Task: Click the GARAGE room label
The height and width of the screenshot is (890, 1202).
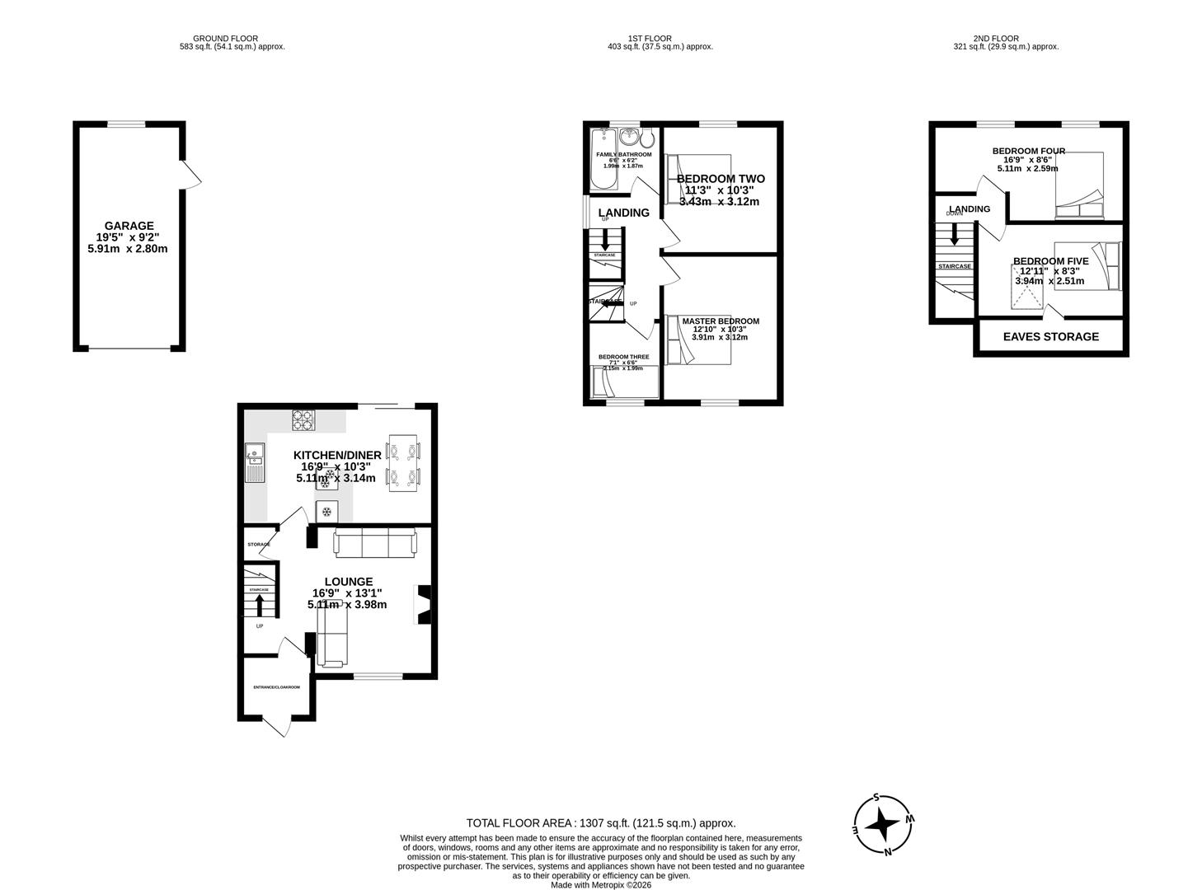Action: [x=129, y=226]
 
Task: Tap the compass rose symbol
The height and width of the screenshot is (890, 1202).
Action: [x=884, y=824]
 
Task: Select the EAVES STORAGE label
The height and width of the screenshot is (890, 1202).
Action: [x=1050, y=336]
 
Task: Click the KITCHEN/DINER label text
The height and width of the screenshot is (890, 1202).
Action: [x=337, y=455]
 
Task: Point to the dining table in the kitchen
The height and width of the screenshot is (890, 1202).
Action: [x=404, y=463]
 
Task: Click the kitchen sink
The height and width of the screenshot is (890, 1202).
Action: [x=255, y=462]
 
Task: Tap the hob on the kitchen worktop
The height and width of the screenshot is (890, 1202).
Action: [x=303, y=420]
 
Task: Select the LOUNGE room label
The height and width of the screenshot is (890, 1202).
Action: [x=348, y=581]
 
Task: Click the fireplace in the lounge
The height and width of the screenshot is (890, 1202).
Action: [x=423, y=604]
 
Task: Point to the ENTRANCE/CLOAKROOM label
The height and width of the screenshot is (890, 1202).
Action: [x=276, y=686]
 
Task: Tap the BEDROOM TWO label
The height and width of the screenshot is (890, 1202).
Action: [x=721, y=179]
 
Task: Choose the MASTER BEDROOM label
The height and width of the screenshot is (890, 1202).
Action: [x=721, y=321]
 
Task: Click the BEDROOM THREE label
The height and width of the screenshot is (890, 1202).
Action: [x=623, y=357]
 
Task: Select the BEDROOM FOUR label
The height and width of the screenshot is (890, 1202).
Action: [x=1028, y=151]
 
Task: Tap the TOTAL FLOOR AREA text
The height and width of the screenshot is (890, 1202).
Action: [x=600, y=822]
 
